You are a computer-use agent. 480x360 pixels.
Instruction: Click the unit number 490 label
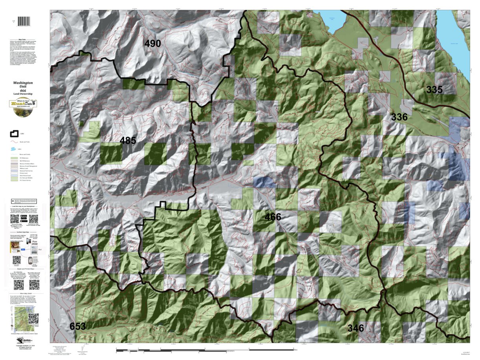pyautogui.click(x=152, y=44)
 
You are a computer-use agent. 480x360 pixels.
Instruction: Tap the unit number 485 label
pyautogui.click(x=128, y=140)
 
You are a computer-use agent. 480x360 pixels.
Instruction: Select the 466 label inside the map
pyautogui.click(x=273, y=217)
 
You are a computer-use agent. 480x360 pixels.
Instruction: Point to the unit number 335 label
pyautogui.click(x=434, y=90)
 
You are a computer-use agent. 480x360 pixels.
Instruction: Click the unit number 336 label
pyautogui.click(x=399, y=117)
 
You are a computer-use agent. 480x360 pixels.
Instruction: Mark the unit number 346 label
pyautogui.click(x=355, y=328)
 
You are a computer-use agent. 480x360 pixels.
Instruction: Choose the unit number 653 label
pyautogui.click(x=78, y=326)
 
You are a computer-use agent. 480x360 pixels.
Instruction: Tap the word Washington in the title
pyautogui.click(x=23, y=83)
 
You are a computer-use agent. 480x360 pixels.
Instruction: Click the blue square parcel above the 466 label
pyautogui.click(x=264, y=182)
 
